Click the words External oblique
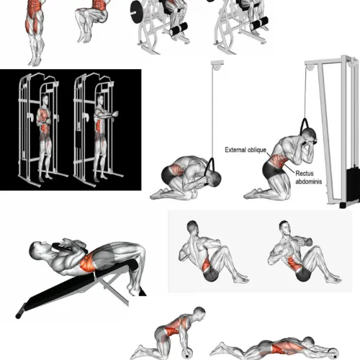246,150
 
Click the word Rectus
305,174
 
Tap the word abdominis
309,181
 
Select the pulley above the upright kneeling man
310,66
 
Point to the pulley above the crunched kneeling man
217,66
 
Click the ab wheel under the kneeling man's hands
187,354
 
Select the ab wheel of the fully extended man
333,353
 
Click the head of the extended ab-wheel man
308,343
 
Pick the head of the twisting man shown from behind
193,227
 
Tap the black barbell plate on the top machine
136,12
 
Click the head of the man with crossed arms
45,99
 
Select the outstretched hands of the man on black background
114,113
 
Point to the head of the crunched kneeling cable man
214,179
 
